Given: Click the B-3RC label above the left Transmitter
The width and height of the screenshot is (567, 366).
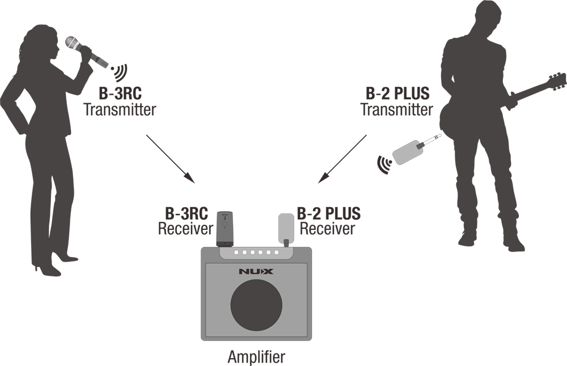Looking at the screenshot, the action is pyautogui.click(x=120, y=94).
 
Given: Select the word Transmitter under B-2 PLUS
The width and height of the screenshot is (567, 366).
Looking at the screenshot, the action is pyautogui.click(x=397, y=110).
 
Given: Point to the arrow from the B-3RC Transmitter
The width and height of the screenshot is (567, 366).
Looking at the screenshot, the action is pyautogui.click(x=171, y=158).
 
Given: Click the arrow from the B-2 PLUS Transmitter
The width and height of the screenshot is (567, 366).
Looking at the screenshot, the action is pyautogui.click(x=342, y=159).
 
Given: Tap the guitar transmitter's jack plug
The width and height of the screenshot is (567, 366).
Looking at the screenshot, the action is pyautogui.click(x=430, y=141).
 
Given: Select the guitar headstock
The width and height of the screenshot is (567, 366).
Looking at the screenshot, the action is pyautogui.click(x=557, y=81).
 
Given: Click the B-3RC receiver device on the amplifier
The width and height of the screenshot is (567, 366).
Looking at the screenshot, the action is pyautogui.click(x=224, y=229).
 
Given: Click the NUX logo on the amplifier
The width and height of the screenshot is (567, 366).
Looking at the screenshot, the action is pyautogui.click(x=256, y=271).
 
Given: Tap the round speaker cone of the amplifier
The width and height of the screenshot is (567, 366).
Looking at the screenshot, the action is pyautogui.click(x=256, y=305).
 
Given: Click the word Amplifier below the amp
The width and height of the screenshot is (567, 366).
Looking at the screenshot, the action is pyautogui.click(x=256, y=357).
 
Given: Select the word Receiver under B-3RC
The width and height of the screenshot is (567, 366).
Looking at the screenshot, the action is pyautogui.click(x=185, y=229).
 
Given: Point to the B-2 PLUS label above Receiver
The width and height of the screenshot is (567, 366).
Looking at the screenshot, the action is pyautogui.click(x=329, y=213).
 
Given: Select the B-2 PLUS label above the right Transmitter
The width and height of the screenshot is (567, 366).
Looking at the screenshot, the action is pyautogui.click(x=397, y=94).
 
